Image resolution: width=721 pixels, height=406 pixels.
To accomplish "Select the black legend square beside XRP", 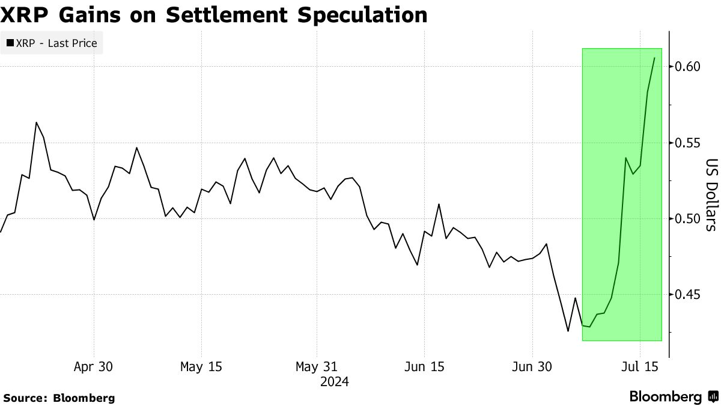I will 10,43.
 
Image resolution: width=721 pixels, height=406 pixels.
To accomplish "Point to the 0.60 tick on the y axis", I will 684,66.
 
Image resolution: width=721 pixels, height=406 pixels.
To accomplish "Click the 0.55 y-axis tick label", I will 684,143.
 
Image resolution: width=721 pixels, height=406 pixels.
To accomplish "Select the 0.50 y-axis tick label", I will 684,218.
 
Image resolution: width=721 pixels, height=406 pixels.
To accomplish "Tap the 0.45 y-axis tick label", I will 684,295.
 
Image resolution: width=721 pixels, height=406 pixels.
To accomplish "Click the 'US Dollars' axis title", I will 710,195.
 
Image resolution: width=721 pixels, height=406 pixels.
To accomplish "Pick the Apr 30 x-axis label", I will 94,366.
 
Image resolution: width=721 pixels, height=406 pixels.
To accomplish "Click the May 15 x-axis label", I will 201,366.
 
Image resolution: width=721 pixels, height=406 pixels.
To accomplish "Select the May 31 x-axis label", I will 317,366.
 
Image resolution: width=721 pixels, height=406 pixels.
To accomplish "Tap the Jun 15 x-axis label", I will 424,366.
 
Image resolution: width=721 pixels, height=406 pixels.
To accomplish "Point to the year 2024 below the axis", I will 335,381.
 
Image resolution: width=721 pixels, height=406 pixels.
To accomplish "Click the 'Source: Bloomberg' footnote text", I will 59,398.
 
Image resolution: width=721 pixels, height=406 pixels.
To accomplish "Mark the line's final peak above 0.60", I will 654,58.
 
